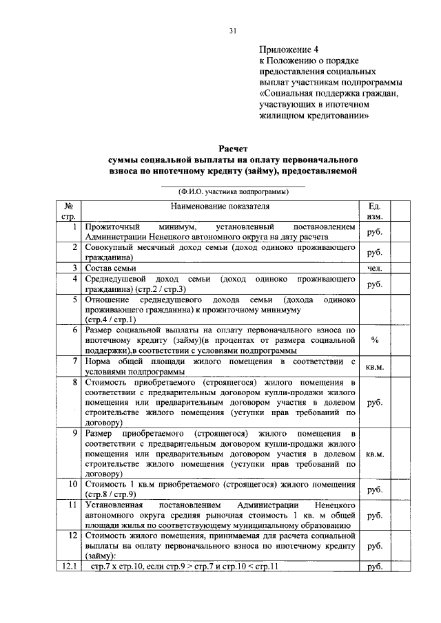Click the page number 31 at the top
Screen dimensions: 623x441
233,30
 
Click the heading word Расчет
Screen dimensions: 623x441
233,149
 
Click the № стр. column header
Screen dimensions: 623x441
69,211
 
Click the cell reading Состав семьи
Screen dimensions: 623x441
110,268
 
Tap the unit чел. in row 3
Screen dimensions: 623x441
375,268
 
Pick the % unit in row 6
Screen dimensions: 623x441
375,339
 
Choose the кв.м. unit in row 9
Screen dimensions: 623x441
375,454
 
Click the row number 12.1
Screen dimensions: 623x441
69,567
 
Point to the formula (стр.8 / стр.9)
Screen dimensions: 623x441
110,494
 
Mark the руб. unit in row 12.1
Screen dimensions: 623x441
375,567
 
